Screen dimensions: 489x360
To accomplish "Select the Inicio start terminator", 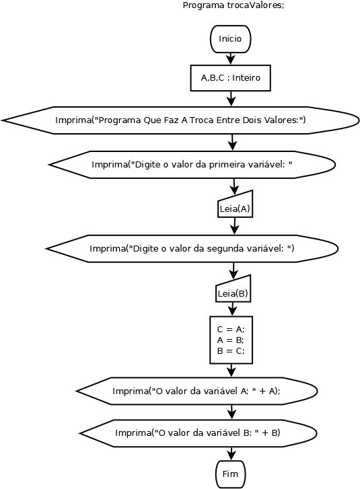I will (x=230, y=39).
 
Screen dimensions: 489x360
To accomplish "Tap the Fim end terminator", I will (x=231, y=474).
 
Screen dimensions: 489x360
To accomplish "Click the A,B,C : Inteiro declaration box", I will (x=231, y=78).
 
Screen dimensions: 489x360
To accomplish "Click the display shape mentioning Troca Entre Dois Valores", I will (x=180, y=120).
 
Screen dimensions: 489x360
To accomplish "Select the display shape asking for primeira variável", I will (x=192, y=163).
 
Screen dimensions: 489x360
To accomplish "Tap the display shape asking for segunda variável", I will (x=192, y=249).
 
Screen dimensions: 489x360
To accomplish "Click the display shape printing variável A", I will (x=196, y=391).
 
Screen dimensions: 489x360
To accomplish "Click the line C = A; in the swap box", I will (x=231, y=330).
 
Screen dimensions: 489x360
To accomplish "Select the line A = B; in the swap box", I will (x=231, y=340).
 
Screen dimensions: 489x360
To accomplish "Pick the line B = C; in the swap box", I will (x=231, y=351).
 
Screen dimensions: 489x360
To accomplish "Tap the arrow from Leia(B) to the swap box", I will (x=233, y=309).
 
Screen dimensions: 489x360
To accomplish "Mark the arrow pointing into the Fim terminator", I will (x=231, y=454).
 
